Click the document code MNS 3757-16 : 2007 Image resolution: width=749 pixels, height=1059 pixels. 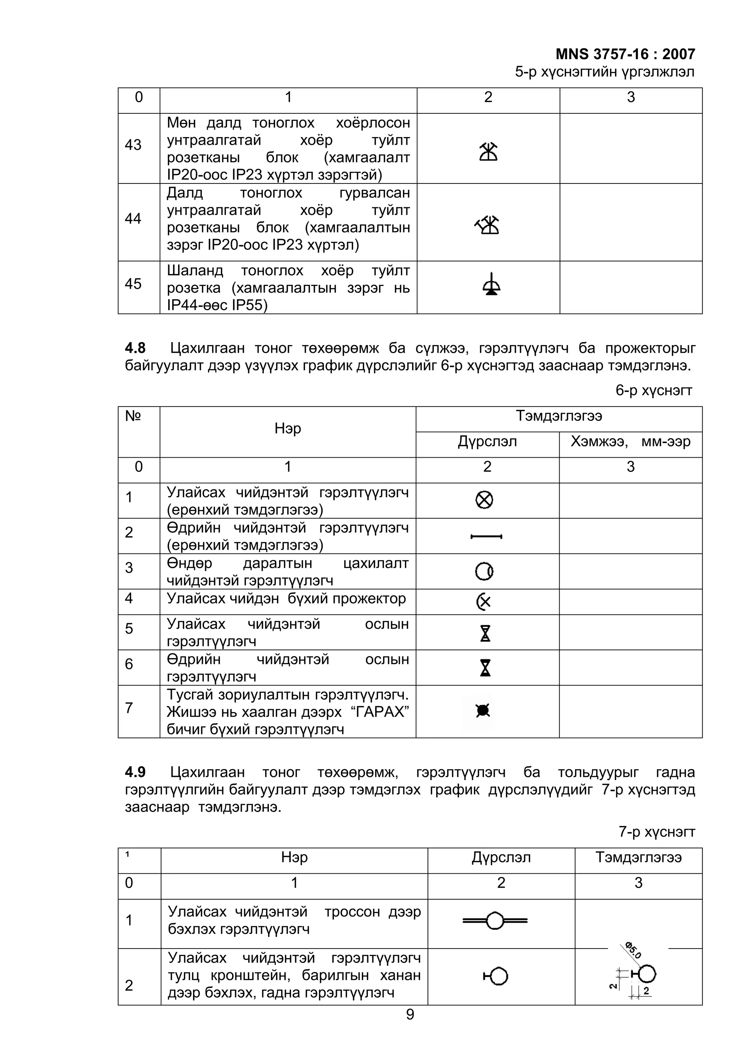click(625, 54)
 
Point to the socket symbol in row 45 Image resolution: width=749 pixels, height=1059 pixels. click(491, 285)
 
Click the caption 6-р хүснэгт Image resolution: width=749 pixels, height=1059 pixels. click(654, 391)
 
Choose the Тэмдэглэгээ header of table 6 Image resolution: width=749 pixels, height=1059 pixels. click(558, 416)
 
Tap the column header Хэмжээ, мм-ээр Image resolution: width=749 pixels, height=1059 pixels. click(631, 442)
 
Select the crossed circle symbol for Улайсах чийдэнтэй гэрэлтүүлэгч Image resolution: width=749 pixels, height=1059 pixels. click(484, 500)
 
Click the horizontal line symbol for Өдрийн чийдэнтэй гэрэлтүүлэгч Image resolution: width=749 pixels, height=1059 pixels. click(486, 536)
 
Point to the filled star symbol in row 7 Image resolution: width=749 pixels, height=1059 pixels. click(483, 711)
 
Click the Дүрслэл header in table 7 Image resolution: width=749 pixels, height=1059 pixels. click(501, 858)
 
